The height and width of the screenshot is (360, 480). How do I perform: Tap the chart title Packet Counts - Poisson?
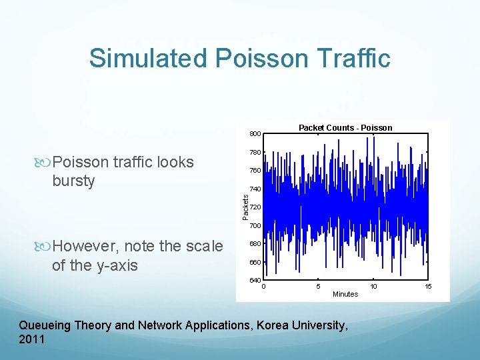[x=345, y=127]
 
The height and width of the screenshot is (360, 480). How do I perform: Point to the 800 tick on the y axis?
[x=255, y=135]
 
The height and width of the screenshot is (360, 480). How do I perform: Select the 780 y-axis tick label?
[x=255, y=153]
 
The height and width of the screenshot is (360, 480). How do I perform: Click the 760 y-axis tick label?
[x=255, y=171]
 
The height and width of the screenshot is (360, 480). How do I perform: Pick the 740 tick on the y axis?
[x=255, y=189]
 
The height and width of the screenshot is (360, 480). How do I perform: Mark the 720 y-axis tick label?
[x=255, y=207]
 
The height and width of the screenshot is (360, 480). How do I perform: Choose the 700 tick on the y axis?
[x=255, y=226]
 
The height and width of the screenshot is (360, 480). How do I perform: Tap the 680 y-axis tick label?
[x=255, y=244]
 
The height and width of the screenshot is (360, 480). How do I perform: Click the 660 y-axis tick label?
[x=255, y=262]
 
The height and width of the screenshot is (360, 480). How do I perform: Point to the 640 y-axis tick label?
[x=255, y=280]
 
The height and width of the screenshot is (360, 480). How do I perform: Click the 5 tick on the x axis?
[x=318, y=286]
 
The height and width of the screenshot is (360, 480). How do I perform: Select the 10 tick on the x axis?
[x=374, y=286]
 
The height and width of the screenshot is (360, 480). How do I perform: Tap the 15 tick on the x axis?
[x=429, y=286]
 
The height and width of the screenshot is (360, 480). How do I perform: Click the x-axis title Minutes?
[x=345, y=294]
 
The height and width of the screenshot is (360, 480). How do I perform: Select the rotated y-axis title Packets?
[x=245, y=207]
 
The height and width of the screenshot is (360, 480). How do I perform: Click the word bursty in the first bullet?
[x=73, y=181]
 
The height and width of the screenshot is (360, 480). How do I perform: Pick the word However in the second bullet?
[x=85, y=247]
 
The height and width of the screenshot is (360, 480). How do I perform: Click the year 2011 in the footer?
[x=32, y=339]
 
